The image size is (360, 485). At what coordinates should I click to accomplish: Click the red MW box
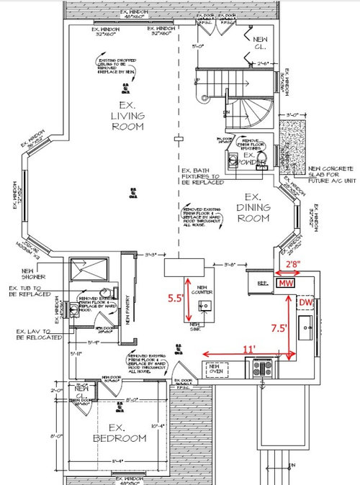(284, 284)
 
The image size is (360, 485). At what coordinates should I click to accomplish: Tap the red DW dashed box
(305, 304)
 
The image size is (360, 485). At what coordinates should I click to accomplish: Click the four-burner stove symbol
(261, 369)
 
